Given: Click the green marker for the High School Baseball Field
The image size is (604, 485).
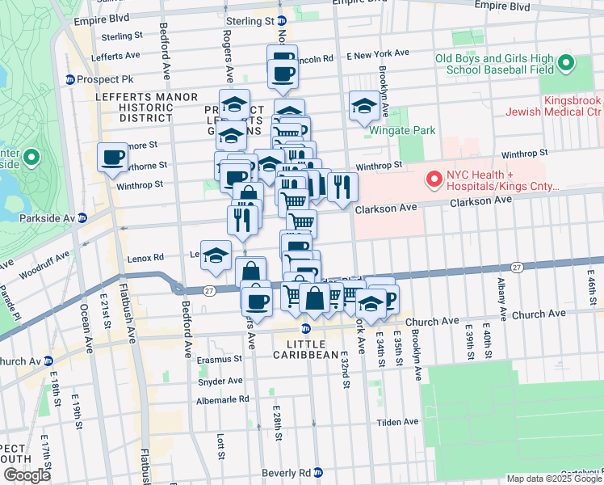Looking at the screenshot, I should click(566, 62).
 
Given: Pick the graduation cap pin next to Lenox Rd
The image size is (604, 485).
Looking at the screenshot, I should click(216, 255).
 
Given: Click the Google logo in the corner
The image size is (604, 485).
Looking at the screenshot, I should click(27, 475).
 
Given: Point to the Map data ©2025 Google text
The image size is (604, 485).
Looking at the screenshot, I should click(554, 479).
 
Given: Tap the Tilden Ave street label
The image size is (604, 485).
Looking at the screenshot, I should click(400, 422).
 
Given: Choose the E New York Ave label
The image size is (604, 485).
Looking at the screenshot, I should click(378, 55).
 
